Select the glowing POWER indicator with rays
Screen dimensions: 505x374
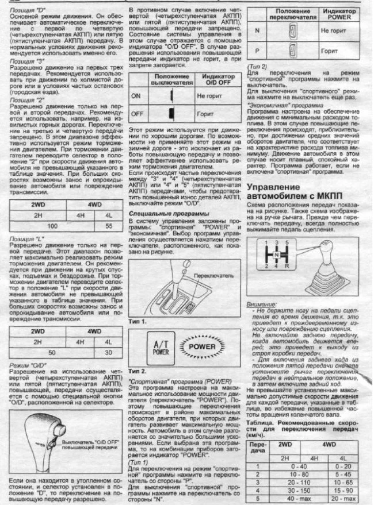pos(202,348)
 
